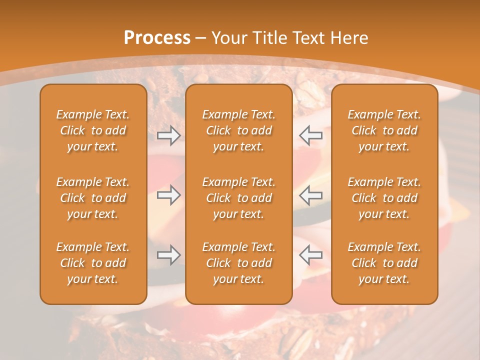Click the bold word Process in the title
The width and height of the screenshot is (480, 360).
pyautogui.click(x=157, y=38)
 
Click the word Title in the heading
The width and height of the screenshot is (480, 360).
pyautogui.click(x=268, y=38)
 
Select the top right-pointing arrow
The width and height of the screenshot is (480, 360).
pyautogui.click(x=168, y=135)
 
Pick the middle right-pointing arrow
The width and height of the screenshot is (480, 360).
pyautogui.click(x=168, y=195)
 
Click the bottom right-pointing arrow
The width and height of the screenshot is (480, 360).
pyautogui.click(x=168, y=255)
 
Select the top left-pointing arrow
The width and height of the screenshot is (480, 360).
pyautogui.click(x=311, y=135)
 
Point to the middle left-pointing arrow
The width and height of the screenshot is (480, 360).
pyautogui.click(x=311, y=195)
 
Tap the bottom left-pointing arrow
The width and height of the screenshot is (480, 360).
pyautogui.click(x=311, y=255)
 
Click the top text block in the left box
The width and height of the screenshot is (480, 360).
pyautogui.click(x=93, y=130)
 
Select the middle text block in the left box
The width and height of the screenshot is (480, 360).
pyautogui.click(x=93, y=198)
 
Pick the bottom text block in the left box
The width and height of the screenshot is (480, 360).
pyautogui.click(x=93, y=263)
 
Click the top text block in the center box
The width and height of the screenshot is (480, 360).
pyautogui.click(x=239, y=130)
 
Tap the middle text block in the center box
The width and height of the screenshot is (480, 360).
pyautogui.click(x=239, y=198)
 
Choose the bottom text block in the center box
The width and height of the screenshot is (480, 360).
pyautogui.click(x=239, y=263)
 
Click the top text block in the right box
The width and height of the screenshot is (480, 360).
pyautogui.click(x=384, y=130)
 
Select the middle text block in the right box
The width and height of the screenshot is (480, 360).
pyautogui.click(x=384, y=198)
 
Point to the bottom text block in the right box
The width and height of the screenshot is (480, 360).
pyautogui.click(x=384, y=263)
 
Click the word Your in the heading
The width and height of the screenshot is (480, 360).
pyautogui.click(x=228, y=38)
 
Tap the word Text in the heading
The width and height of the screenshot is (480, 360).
pyautogui.click(x=308, y=38)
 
